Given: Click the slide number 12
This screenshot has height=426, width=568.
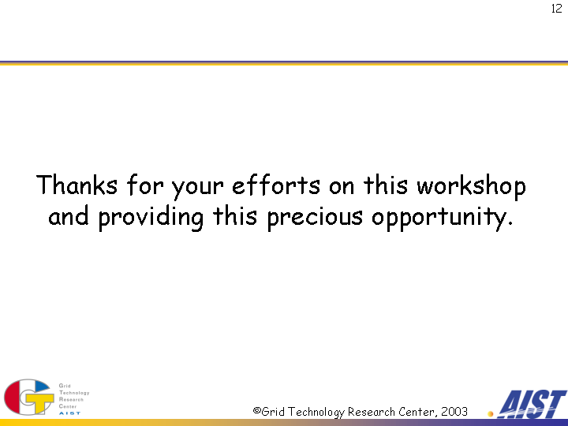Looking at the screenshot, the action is tap(557, 9).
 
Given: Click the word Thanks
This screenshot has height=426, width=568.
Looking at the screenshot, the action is tap(77, 185).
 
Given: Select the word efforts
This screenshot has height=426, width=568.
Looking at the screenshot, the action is tap(276, 185).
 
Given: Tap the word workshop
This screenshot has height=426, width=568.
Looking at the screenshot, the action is tap(471, 187).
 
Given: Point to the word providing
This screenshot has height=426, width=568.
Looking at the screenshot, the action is tap(151, 218).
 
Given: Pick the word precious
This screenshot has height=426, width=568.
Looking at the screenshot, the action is tap(315, 218).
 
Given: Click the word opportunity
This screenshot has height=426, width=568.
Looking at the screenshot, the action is tap(443, 218).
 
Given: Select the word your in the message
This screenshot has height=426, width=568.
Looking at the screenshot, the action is tap(197, 189).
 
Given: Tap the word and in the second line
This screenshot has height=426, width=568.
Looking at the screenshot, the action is tap(69, 215).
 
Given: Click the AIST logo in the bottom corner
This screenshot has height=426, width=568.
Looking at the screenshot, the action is tap(532, 404).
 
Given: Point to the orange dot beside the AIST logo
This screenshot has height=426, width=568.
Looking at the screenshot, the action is tap(491, 413).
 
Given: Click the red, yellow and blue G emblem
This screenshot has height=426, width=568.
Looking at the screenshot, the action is tap(29, 397).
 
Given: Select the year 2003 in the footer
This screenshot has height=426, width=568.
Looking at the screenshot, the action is tap(454, 412).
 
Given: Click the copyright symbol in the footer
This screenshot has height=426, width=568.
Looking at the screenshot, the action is tap(257, 411).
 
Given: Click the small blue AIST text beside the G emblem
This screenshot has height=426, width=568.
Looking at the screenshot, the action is tap(69, 413).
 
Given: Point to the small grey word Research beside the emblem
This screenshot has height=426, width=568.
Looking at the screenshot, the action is tap(71, 399).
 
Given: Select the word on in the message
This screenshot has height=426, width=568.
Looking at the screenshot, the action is tap(342, 188).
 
